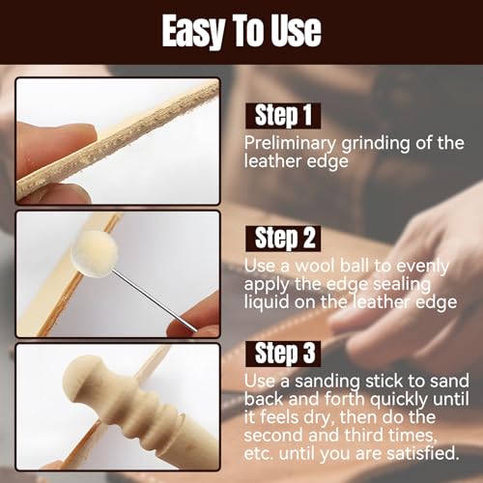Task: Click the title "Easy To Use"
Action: coord(241,31)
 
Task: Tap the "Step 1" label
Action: coord(282,117)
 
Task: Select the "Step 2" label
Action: coord(283,238)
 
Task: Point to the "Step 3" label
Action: coord(283,353)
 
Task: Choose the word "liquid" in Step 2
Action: coord(267,302)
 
